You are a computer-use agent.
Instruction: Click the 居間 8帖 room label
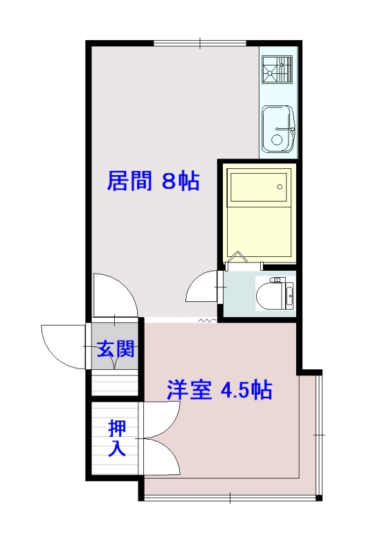point(153,181)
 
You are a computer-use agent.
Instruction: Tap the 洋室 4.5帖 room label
point(219,390)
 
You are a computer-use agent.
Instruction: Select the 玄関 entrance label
point(115,348)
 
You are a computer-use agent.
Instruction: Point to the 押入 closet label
point(116,438)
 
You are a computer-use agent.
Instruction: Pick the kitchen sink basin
point(278,129)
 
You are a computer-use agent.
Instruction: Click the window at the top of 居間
point(201,44)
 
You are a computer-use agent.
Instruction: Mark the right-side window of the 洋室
point(318,434)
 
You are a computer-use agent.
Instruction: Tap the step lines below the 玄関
point(115,383)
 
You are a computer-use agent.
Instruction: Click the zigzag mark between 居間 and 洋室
point(206,321)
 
